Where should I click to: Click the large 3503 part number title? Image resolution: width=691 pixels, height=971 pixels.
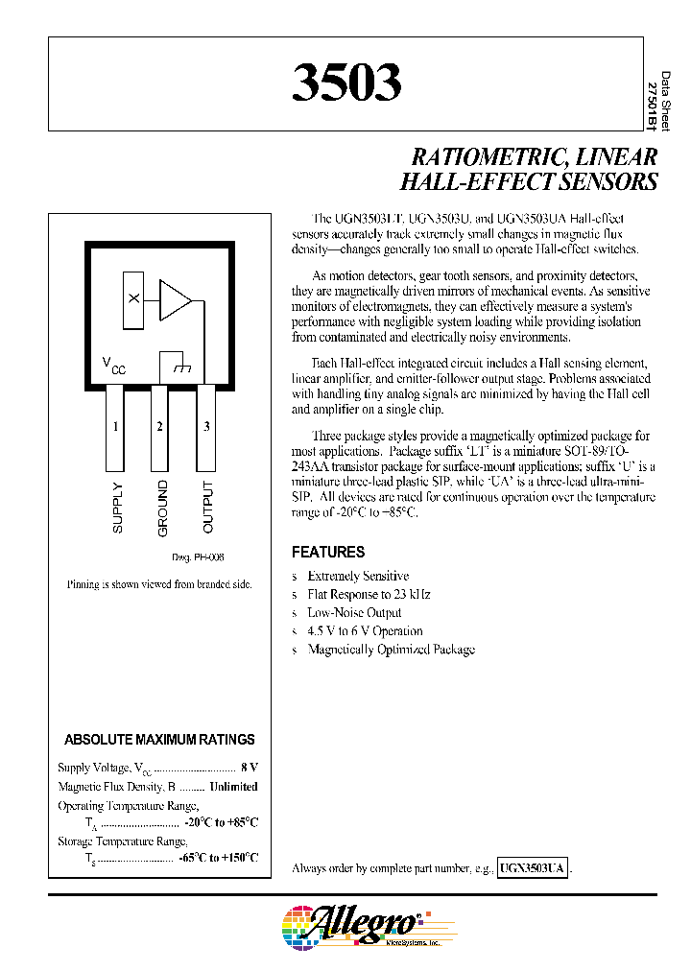coord(346,84)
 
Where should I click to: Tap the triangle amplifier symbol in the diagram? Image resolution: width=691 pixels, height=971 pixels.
coord(175,299)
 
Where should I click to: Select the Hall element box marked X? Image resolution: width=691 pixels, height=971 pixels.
coord(134,299)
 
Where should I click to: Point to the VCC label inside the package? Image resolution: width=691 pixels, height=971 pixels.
coord(113,366)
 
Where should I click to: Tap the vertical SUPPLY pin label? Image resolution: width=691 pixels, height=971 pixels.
coord(118,507)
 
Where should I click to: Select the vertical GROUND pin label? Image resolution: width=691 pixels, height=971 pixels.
coord(162,508)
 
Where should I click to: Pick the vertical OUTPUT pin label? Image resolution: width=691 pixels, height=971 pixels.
coord(208,508)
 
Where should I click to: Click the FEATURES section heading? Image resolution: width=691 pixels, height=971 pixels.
coord(328,553)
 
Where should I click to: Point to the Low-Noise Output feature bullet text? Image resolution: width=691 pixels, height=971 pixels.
coord(354,613)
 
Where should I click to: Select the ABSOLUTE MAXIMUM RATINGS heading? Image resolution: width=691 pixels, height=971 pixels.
coord(159,740)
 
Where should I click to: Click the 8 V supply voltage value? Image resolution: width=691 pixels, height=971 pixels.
coord(250,769)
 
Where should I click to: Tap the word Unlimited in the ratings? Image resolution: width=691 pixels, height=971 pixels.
coord(233,787)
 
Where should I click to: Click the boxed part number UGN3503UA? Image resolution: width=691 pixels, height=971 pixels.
coord(534,867)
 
